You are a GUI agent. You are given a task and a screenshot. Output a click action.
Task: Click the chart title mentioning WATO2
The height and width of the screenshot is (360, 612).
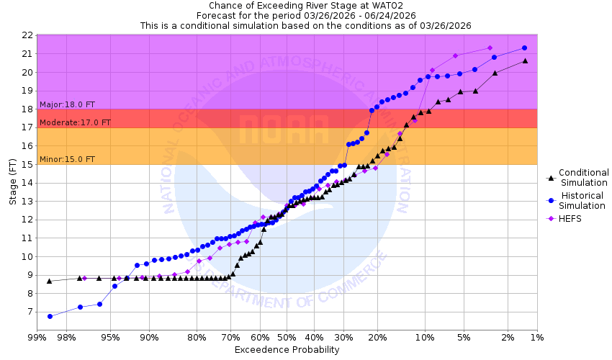[305, 5]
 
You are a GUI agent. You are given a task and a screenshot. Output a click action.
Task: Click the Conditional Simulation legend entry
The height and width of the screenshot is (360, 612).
[583, 177]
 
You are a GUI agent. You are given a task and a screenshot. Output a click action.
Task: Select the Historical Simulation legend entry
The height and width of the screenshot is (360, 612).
[583, 200]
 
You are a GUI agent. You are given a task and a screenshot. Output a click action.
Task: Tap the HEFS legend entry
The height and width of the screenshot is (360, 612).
[569, 218]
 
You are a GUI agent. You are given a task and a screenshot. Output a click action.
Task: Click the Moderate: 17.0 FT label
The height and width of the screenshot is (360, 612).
[75, 122]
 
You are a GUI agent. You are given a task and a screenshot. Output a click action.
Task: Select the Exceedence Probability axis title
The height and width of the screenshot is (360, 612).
[287, 350]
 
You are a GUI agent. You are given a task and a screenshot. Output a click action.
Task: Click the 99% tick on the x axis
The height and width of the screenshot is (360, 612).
[37, 337]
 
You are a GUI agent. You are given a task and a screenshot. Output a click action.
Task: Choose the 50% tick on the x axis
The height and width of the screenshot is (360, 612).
[287, 337]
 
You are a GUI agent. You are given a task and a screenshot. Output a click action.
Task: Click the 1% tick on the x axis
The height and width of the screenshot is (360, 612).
[536, 337]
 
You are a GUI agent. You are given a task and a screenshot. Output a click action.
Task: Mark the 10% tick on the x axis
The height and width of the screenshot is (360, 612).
[425, 337]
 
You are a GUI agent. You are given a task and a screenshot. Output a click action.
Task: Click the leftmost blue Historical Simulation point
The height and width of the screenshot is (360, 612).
[50, 316]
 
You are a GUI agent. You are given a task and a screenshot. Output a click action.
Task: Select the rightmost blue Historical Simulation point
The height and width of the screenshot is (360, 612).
[524, 48]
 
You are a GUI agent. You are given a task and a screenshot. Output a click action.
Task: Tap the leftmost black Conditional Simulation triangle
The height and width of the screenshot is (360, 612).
[49, 281]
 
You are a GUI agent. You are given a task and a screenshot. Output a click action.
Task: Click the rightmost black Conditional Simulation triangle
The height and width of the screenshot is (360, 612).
[525, 60]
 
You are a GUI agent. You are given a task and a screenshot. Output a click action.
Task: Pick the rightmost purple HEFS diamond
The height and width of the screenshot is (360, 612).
[490, 48]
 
